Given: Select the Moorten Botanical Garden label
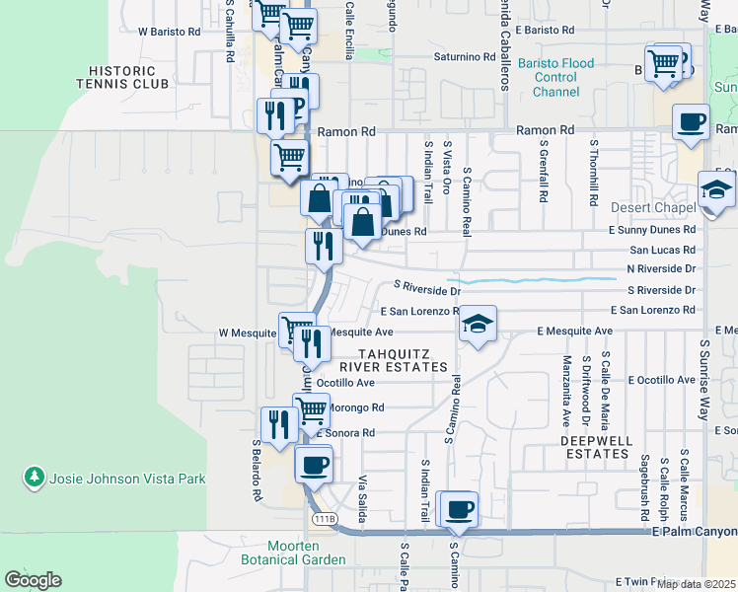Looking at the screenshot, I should (307, 553).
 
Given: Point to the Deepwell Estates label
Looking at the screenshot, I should (595, 446).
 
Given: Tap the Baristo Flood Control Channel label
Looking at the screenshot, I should (556, 78).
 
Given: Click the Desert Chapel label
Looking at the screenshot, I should (645, 209).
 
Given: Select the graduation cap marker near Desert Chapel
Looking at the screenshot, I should (717, 188).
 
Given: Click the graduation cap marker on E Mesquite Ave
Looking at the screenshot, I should (477, 324).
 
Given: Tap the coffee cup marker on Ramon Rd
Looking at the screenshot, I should (691, 122).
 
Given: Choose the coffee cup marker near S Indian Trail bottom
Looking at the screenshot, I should (458, 509).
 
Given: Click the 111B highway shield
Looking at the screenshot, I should (324, 518).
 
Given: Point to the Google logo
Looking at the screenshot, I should (33, 580).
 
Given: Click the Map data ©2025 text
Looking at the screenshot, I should (696, 584).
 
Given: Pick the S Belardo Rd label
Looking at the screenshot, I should (256, 469).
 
